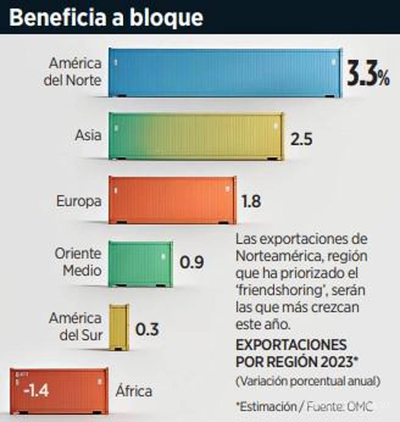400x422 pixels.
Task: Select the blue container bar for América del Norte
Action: (x=225, y=73)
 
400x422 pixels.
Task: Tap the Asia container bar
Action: (x=196, y=136)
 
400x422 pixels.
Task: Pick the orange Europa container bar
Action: (x=172, y=200)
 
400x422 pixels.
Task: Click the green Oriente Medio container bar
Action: (x=141, y=264)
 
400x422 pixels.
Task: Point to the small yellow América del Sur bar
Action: (x=119, y=327)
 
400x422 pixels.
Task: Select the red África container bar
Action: (x=59, y=391)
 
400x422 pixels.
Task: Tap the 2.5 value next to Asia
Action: (x=301, y=139)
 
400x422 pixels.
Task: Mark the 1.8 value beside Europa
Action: (x=251, y=202)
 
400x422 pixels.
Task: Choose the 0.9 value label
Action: (x=191, y=263)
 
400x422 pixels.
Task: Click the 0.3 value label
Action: (x=147, y=329)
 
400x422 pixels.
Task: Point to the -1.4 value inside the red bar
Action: (x=36, y=391)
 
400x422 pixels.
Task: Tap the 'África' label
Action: (x=134, y=391)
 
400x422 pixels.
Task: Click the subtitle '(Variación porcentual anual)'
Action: (x=308, y=381)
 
